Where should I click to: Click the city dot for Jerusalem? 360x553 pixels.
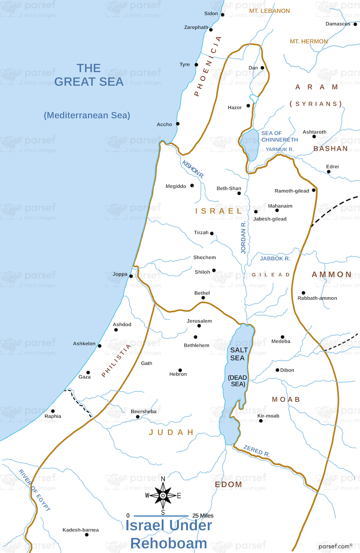pos(198,326)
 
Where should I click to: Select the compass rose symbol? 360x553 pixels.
pos(163,495)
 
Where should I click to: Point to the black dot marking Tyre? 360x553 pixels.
pos(196,65)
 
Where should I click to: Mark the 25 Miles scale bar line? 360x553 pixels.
pos(161,516)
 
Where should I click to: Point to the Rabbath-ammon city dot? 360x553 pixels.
pos(303,293)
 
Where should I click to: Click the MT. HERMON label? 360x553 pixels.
pos(309,41)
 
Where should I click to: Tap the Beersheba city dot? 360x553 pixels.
pos(138,417)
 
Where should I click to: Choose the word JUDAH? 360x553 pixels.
pos(171,432)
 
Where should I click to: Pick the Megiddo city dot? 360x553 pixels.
pos(192,186)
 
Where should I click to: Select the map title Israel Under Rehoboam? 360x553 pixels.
pos(168,534)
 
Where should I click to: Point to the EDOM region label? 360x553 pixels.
pos(228,485)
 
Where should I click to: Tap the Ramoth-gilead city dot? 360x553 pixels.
pos(314,190)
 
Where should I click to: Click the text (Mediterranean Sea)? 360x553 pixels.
pos(87,115)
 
